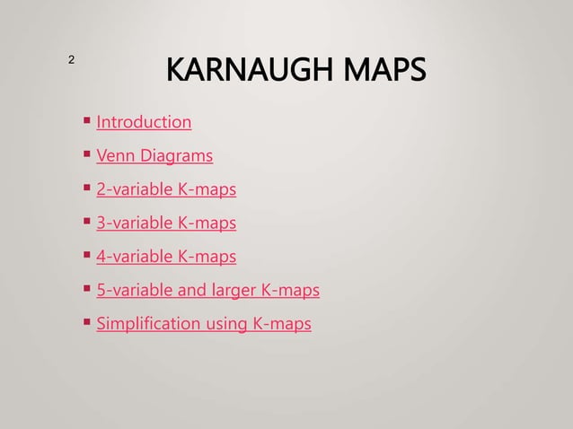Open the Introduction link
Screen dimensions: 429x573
(144, 121)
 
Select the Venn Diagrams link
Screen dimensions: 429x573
(154, 155)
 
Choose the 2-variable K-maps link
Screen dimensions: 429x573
(166, 189)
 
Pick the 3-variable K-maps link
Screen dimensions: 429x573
(166, 223)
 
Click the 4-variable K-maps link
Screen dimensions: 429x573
(166, 258)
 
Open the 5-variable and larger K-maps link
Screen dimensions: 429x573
(207, 291)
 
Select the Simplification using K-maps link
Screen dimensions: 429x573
(204, 324)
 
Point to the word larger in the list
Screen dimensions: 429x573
(233, 292)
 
